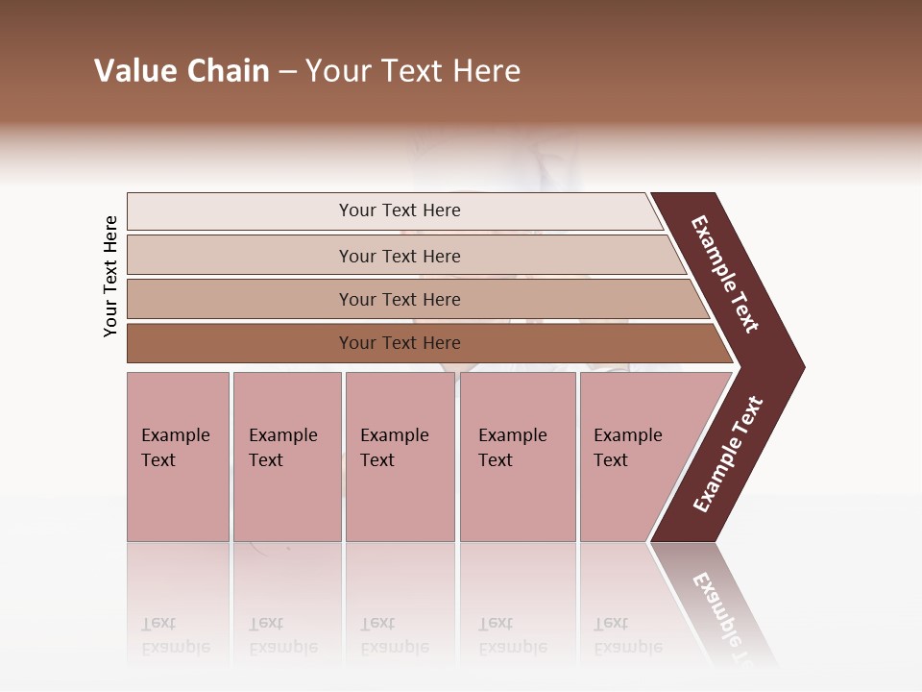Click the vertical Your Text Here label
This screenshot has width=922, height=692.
(x=110, y=276)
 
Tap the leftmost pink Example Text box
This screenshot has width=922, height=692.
(x=178, y=457)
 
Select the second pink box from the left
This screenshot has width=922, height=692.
(x=286, y=457)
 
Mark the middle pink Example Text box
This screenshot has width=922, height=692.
(x=400, y=457)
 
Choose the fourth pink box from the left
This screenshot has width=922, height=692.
(x=518, y=457)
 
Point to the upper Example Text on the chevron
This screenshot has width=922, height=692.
(x=725, y=274)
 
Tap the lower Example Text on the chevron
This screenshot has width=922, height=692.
(x=728, y=455)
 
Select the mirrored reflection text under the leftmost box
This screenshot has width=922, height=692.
(x=176, y=635)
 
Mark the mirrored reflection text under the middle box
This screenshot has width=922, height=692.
(x=395, y=635)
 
